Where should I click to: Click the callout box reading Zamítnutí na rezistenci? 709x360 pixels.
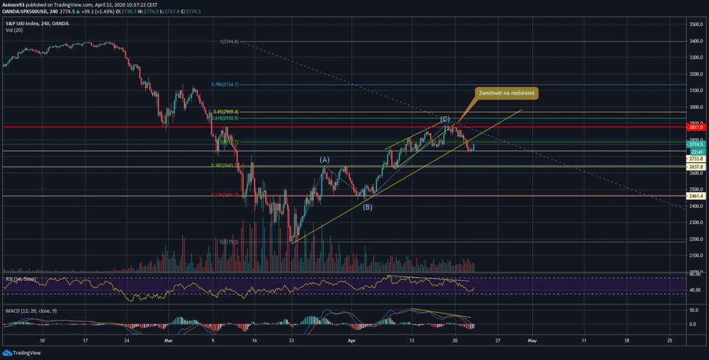click(506, 93)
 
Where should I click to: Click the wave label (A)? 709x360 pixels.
click(324, 160)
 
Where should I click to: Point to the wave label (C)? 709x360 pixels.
click(445, 119)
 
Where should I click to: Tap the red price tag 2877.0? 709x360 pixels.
click(695, 127)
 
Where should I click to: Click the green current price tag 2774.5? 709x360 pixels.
click(695, 144)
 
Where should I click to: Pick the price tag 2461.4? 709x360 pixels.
click(695, 195)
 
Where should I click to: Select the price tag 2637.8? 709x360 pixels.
click(695, 167)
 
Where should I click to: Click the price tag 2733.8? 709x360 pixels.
click(695, 158)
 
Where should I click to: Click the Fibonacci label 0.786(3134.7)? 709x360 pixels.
click(225, 85)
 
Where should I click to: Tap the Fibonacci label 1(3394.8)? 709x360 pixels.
click(229, 41)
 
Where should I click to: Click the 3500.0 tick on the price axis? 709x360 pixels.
click(695, 24)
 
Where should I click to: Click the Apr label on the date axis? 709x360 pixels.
click(352, 341)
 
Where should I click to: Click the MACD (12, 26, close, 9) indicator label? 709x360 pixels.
click(30, 310)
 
